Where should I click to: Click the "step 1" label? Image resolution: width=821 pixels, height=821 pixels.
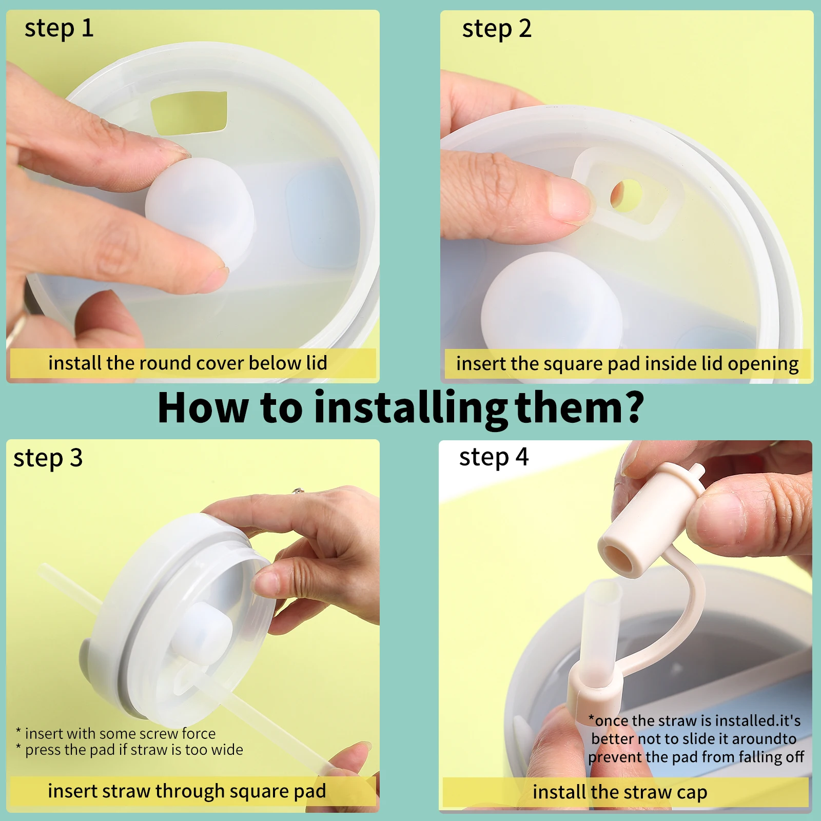59,29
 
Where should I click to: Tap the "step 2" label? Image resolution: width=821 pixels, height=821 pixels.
496,29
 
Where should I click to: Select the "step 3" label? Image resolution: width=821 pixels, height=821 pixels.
48,458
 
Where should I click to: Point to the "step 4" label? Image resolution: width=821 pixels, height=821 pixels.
494,457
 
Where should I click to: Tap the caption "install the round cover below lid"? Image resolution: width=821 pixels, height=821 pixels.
188,363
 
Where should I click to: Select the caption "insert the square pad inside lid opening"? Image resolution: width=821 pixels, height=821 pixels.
627,364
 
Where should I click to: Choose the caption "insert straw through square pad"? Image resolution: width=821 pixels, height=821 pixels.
187,791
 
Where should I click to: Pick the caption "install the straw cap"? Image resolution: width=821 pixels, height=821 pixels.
620,792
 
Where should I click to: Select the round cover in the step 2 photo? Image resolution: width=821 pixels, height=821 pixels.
552,303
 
